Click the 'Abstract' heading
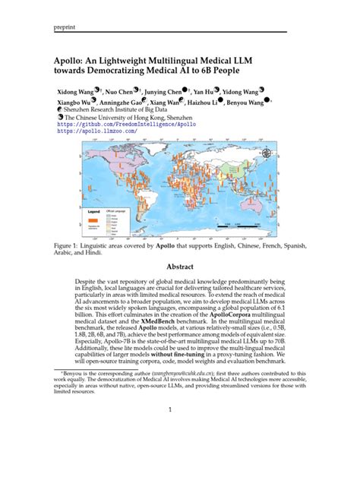click(180, 267)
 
